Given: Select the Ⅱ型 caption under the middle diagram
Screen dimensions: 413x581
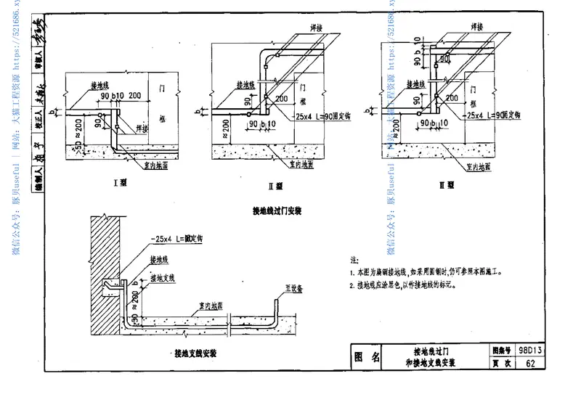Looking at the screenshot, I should tap(277, 186).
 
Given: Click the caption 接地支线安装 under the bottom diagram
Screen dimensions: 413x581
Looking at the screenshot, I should tap(195, 354).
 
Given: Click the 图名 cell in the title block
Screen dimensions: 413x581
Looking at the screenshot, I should tap(366, 356).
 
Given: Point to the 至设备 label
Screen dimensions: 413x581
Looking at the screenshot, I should tap(293, 287).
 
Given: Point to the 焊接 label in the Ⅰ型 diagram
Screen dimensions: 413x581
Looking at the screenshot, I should tap(147, 128).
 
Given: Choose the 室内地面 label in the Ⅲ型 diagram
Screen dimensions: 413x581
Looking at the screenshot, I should tap(479, 166).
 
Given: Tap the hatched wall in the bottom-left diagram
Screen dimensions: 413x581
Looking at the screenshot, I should tap(101, 276).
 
